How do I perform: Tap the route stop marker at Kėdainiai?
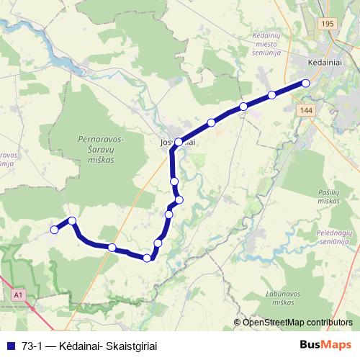click(x=305, y=84)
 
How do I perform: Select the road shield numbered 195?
click(x=329, y=24)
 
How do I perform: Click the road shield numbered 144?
click(x=305, y=109)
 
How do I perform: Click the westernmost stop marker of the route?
click(x=54, y=230)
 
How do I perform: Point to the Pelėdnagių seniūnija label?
click(x=335, y=238)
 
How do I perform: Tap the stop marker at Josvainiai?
click(x=179, y=142)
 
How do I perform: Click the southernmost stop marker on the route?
click(x=148, y=258)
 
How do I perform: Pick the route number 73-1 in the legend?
click(x=32, y=345)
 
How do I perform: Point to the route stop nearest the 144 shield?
click(x=272, y=95)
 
